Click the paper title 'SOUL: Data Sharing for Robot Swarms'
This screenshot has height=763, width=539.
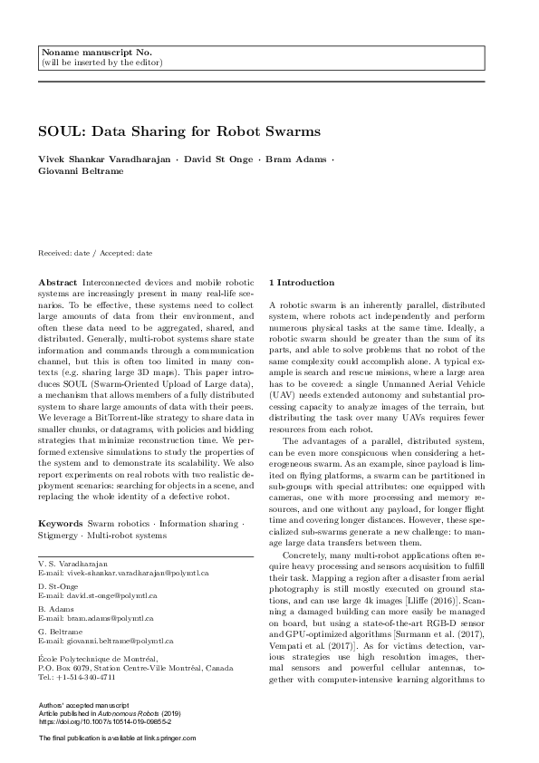[x=179, y=131]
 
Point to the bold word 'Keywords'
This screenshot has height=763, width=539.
[x=62, y=525]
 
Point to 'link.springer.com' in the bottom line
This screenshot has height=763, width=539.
[x=165, y=739]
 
